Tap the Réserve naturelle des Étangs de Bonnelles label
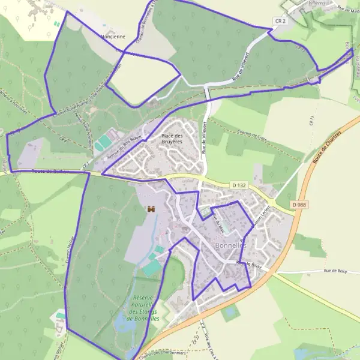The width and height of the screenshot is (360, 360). tap(144, 308)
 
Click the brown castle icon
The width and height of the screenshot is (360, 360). tap(151, 209)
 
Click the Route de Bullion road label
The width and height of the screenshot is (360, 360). tap(50, 172)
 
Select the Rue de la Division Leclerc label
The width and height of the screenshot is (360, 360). tap(260, 226)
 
